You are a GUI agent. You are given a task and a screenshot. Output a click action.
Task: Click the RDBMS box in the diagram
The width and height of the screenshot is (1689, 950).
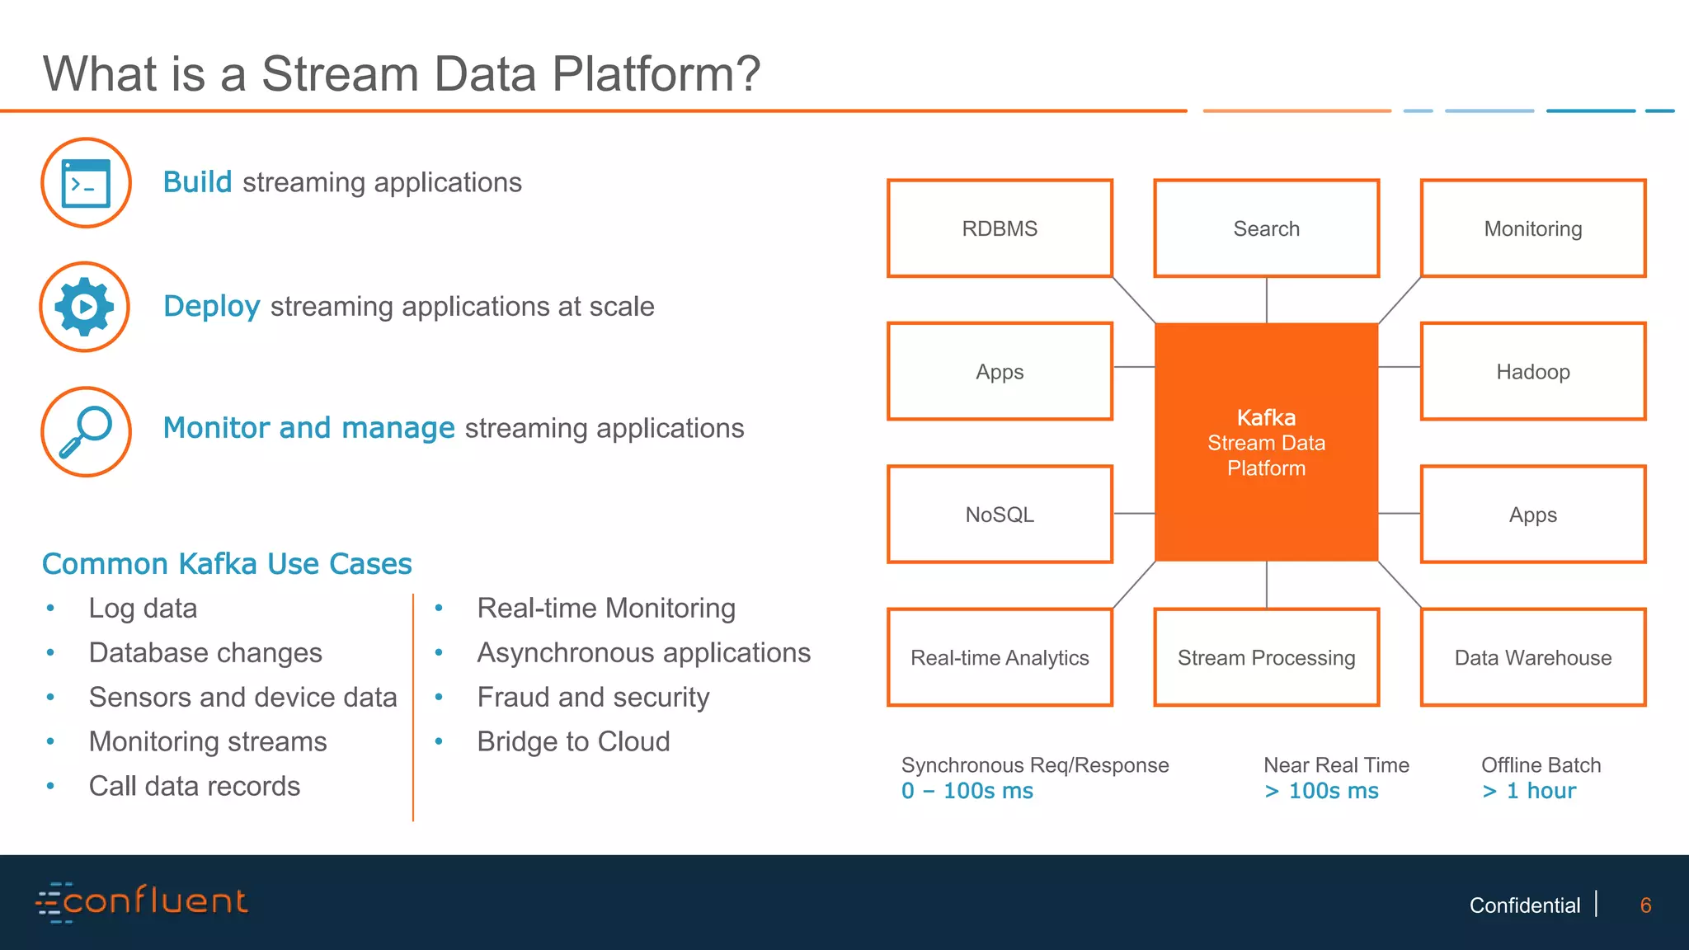coord(1000,228)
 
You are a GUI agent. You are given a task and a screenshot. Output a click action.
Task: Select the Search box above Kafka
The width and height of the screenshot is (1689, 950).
coord(1266,228)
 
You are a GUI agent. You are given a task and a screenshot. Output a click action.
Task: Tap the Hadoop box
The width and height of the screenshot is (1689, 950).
coord(1532,371)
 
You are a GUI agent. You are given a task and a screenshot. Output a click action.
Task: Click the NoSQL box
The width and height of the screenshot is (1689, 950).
coord(1000,515)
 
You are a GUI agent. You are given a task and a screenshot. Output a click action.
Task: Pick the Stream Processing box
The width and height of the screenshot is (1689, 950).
coord(1266,657)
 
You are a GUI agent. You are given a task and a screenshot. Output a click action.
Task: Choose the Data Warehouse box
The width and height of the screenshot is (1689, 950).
coord(1532,657)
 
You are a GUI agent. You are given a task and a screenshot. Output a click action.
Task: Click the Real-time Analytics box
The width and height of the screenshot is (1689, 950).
coord(1000,657)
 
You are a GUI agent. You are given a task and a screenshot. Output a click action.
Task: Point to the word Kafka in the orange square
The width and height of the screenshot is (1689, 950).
coord(1266,417)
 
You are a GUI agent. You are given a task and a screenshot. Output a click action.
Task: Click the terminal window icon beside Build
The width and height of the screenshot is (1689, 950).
coord(86,183)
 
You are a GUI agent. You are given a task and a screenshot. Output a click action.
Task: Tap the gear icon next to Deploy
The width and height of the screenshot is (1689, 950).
coord(84,307)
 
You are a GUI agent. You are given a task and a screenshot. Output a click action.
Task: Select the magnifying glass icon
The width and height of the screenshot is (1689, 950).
coord(86,431)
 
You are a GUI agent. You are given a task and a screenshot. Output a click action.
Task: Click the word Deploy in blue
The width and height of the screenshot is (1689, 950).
coord(212,306)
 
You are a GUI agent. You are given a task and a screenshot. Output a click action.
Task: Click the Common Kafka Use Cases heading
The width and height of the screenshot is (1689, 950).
coord(227,564)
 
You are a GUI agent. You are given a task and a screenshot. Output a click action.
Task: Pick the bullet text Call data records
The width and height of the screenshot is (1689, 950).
coord(195,786)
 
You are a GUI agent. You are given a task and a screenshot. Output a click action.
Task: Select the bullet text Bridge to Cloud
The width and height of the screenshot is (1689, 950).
coord(573,741)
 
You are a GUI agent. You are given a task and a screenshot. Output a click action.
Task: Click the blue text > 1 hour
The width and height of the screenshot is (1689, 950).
coord(1529,791)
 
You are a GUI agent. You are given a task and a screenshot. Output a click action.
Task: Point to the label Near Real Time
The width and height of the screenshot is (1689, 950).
coord(1336,765)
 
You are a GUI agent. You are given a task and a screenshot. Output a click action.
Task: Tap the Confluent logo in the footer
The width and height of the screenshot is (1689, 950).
coord(142,901)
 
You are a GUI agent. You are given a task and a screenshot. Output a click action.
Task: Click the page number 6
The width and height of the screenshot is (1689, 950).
coord(1645,905)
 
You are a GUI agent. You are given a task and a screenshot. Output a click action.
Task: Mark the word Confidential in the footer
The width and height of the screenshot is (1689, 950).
coord(1524,905)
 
